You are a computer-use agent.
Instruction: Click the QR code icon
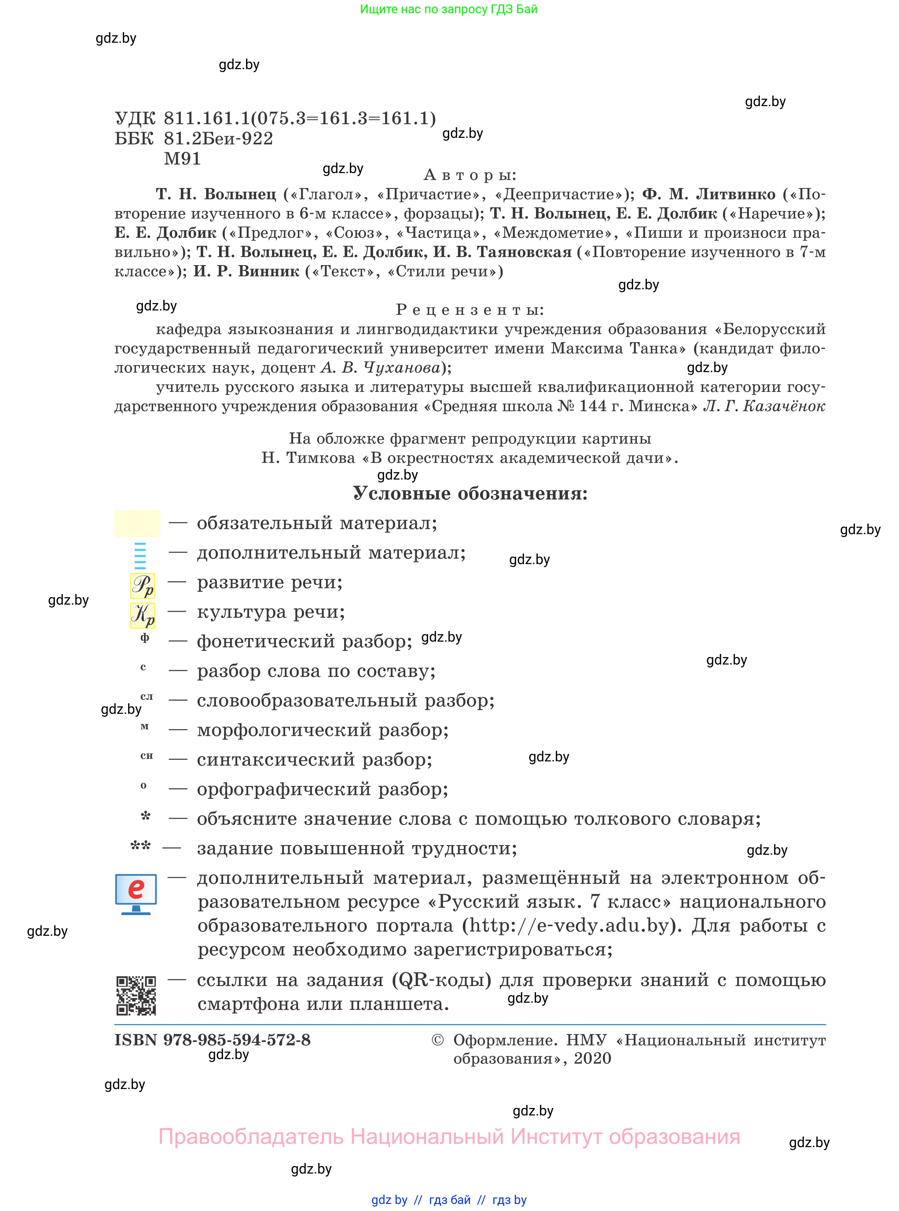(136, 995)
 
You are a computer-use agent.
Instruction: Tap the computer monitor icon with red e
(136, 893)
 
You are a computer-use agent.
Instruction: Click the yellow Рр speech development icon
(143, 586)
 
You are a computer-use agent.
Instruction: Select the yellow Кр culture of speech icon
(143, 615)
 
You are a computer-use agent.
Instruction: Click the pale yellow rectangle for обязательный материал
(137, 523)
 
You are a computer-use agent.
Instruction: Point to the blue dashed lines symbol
(140, 555)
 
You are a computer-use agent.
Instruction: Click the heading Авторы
(470, 175)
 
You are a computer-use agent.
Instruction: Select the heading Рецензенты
(470, 310)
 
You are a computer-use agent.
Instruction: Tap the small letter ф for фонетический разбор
(144, 638)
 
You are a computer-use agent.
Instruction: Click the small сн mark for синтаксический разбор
(147, 756)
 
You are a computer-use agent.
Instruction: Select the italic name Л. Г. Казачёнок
(764, 406)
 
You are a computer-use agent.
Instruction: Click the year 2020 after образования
(592, 1059)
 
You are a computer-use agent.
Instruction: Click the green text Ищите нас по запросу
(448, 9)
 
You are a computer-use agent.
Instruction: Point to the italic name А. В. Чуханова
(380, 368)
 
